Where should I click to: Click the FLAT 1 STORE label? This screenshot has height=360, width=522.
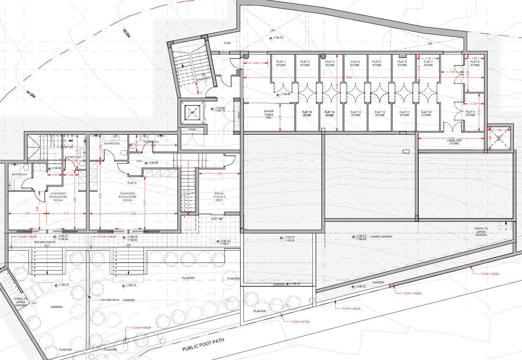[281, 64]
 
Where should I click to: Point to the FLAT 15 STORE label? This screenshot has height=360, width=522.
[307, 114]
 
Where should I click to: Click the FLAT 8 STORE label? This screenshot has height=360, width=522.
[475, 64]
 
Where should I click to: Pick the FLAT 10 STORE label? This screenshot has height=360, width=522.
[426, 114]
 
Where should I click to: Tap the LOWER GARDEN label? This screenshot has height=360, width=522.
[381, 237]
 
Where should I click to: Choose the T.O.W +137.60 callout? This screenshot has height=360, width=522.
[300, 322]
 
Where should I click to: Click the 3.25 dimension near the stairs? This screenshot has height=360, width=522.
[219, 174]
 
